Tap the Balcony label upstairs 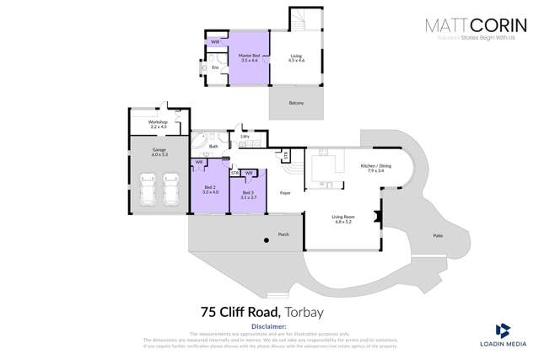[295, 103]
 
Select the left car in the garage [148, 190]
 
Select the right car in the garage [171, 190]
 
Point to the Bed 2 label [210, 189]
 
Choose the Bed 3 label [248, 195]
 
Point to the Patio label [437, 236]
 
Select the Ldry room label [245, 136]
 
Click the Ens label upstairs [215, 67]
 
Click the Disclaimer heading [269, 325]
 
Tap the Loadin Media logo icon [503, 330]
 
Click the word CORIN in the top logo [497, 25]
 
